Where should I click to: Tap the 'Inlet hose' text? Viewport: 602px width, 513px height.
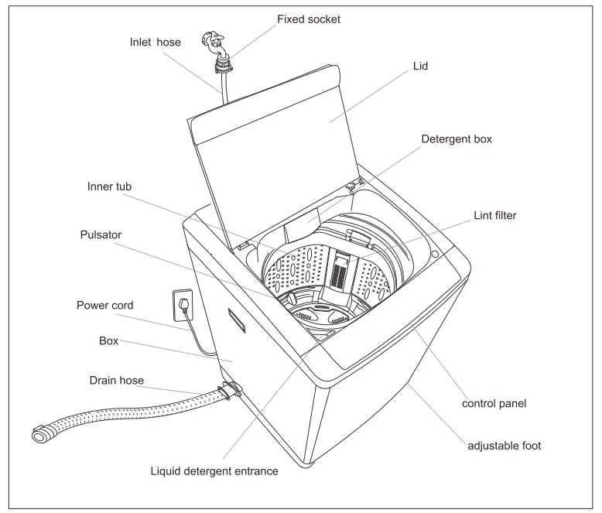click(x=155, y=42)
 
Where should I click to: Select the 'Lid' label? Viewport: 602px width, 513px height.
click(x=419, y=67)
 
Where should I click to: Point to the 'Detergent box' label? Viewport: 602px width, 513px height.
click(x=456, y=139)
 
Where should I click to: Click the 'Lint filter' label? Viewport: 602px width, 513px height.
click(x=494, y=215)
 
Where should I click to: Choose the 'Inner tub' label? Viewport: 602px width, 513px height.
click(x=109, y=186)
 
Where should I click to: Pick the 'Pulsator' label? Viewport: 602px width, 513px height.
click(x=100, y=234)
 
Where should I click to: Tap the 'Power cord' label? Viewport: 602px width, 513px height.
click(x=104, y=305)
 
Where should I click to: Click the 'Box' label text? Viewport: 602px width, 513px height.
click(x=108, y=340)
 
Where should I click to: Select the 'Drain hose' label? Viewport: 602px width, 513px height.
click(x=116, y=380)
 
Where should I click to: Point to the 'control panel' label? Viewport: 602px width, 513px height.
click(x=494, y=403)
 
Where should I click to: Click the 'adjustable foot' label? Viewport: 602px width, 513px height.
click(x=504, y=446)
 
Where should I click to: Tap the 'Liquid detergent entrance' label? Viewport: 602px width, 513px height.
click(x=214, y=470)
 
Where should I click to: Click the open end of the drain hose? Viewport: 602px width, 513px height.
click(x=39, y=436)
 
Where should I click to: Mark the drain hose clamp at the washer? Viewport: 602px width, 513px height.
click(x=228, y=390)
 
